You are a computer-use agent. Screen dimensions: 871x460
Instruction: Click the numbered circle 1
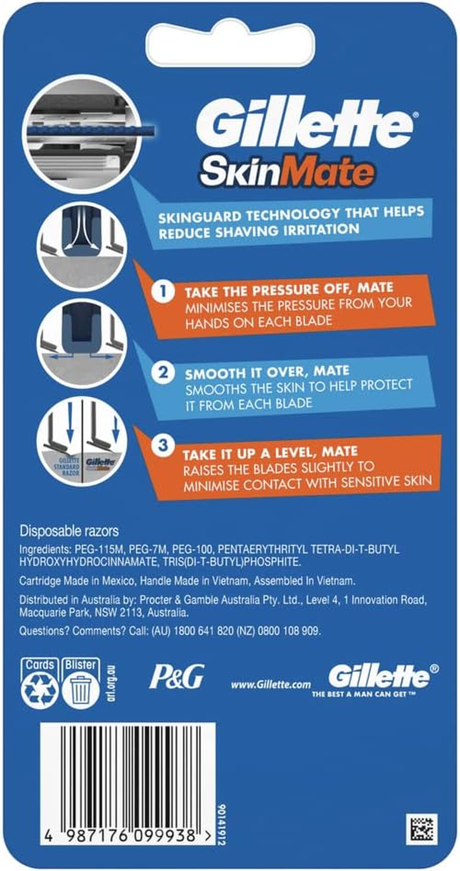pos(163,291)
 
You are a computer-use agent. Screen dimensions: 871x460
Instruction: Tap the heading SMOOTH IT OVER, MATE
pos(267,372)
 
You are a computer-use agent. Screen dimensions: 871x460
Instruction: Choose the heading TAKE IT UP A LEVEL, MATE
pos(270,452)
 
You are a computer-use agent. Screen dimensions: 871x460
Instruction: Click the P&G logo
pos(177,677)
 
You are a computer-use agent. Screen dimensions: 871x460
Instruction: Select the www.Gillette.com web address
pos(271,684)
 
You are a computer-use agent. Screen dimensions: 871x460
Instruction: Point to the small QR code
pos(421,828)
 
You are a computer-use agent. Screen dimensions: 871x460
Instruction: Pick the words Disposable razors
pos(69,531)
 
